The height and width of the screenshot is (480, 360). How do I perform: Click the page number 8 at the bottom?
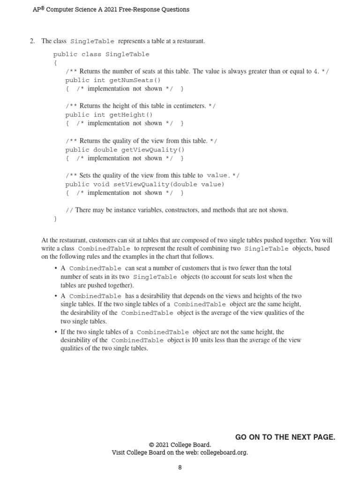click(180, 467)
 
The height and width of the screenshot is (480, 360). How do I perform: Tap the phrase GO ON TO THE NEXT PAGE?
click(285, 437)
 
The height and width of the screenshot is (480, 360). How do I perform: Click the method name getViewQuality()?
click(153, 150)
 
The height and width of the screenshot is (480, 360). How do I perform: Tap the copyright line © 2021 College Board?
click(180, 445)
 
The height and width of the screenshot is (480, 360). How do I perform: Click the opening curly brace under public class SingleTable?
click(55, 63)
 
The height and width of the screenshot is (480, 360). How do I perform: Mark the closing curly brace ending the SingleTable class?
click(55, 219)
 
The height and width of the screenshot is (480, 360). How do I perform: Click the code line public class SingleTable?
click(101, 54)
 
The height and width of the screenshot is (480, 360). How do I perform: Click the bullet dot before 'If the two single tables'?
click(56, 332)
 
